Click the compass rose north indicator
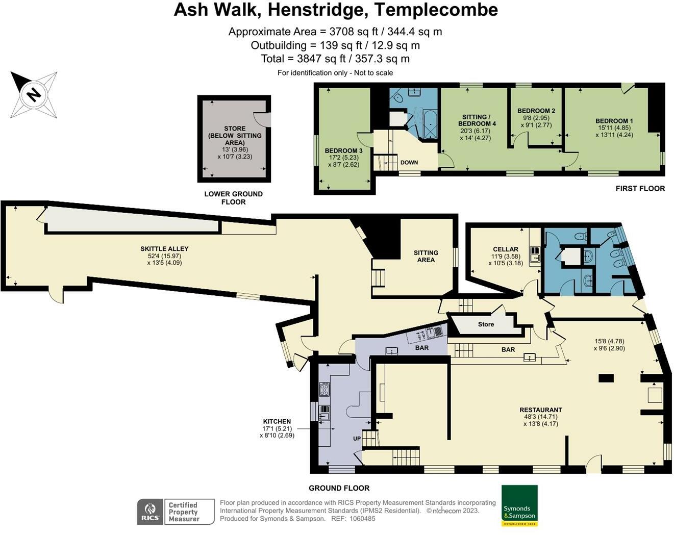point(34,95)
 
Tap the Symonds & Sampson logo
point(519,505)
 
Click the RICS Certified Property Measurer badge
point(176,512)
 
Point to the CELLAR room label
point(505,249)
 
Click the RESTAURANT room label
point(540,410)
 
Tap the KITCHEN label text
point(277,422)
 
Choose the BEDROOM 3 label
point(343,151)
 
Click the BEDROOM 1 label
point(614,121)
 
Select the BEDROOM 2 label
point(536,111)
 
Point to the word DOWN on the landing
point(409,163)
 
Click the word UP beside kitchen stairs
point(357,439)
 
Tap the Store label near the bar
point(486,324)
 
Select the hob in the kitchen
point(324,390)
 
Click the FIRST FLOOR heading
point(640,189)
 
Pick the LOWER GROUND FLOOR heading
point(233,198)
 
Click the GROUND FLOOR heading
point(339,488)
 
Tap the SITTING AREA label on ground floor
point(426,256)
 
